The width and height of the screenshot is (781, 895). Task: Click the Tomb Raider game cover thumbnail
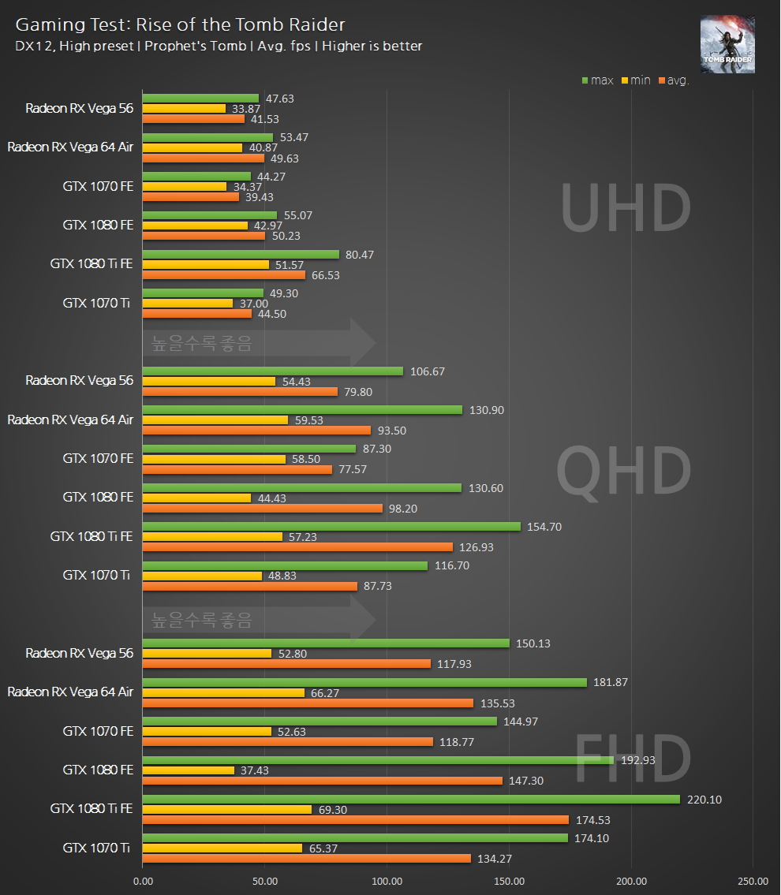click(x=727, y=45)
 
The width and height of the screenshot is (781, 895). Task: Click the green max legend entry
click(x=597, y=80)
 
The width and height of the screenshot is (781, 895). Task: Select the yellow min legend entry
click(x=636, y=80)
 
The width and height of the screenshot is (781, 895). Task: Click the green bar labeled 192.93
click(x=378, y=760)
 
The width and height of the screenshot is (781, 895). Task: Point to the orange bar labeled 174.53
click(x=355, y=819)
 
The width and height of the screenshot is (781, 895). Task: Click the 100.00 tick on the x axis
click(x=387, y=880)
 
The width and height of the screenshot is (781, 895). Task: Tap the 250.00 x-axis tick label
click(x=753, y=880)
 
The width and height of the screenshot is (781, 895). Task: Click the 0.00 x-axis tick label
click(x=143, y=880)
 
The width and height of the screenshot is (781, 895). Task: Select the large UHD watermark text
click(x=625, y=208)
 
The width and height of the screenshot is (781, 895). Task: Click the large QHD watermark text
click(x=623, y=471)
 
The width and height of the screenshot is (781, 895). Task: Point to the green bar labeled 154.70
click(x=331, y=526)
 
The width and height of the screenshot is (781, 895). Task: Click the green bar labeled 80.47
click(x=241, y=254)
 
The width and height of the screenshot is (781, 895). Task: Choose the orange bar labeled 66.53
click(x=223, y=274)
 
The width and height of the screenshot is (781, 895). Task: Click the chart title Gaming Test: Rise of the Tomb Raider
click(x=181, y=25)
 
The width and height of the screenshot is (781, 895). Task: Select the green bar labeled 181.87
click(x=364, y=682)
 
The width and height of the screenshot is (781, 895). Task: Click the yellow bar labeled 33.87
click(x=184, y=109)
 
